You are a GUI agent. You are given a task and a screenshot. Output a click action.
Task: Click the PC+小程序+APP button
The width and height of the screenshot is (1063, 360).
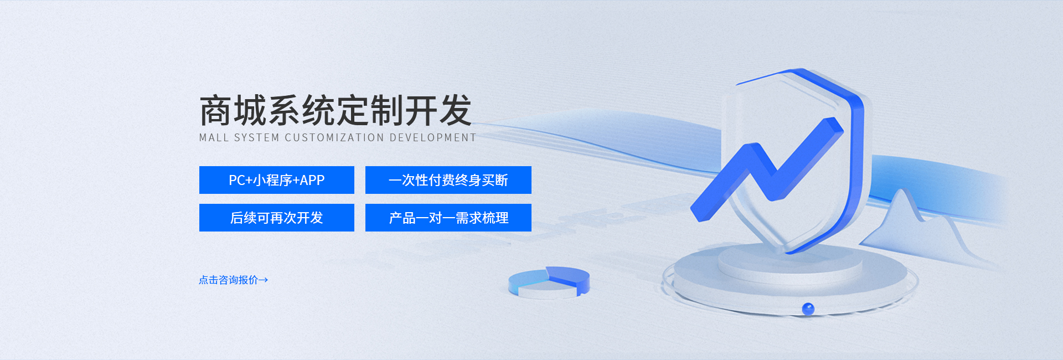click(276, 180)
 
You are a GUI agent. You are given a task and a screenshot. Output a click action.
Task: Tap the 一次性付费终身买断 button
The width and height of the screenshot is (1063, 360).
click(448, 180)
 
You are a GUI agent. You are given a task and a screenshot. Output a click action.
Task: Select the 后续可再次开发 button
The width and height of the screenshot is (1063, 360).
click(276, 218)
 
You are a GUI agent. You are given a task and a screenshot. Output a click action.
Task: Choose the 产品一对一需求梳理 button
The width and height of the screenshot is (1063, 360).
click(448, 218)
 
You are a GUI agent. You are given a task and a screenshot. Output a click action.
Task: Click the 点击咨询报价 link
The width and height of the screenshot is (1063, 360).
click(229, 280)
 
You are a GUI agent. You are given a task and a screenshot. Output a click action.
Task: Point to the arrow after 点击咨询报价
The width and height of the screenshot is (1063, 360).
click(264, 280)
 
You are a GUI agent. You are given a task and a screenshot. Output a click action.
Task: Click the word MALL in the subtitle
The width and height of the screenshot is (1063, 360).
click(213, 138)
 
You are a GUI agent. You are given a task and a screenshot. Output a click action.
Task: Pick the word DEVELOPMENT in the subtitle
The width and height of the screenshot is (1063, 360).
click(432, 138)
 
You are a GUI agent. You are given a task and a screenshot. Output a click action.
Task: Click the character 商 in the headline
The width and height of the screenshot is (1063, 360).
click(215, 111)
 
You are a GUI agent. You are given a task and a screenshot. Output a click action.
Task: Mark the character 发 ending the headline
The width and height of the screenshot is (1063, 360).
click(455, 111)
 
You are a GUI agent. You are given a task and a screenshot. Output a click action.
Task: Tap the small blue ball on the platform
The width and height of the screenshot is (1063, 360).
click(808, 308)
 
